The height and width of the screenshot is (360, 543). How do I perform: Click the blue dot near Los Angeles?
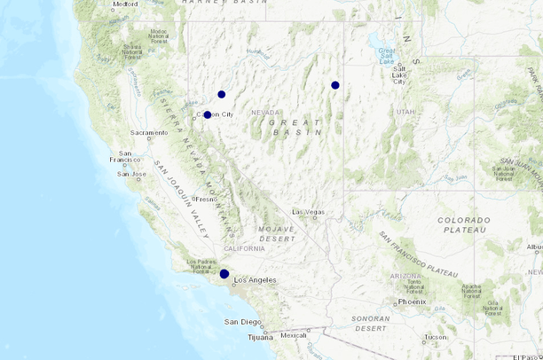[224, 274]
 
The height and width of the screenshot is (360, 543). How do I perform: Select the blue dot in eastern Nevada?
[335, 85]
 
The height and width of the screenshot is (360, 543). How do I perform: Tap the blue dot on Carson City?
[207, 114]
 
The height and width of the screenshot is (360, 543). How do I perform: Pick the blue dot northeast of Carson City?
[222, 94]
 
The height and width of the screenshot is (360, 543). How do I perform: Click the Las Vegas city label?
[309, 212]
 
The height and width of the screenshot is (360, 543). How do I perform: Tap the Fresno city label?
[207, 200]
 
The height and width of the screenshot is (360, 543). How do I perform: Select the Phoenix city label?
[413, 301]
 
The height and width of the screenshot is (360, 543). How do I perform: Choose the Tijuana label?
[259, 337]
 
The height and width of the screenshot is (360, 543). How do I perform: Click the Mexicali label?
[293, 336]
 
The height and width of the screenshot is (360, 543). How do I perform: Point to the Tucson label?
[436, 337]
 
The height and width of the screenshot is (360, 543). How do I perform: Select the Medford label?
[125, 4]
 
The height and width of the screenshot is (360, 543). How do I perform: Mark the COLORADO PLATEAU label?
[463, 225]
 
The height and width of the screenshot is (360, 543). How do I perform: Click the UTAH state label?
[405, 112]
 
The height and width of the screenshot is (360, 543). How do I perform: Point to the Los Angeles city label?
[255, 280]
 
